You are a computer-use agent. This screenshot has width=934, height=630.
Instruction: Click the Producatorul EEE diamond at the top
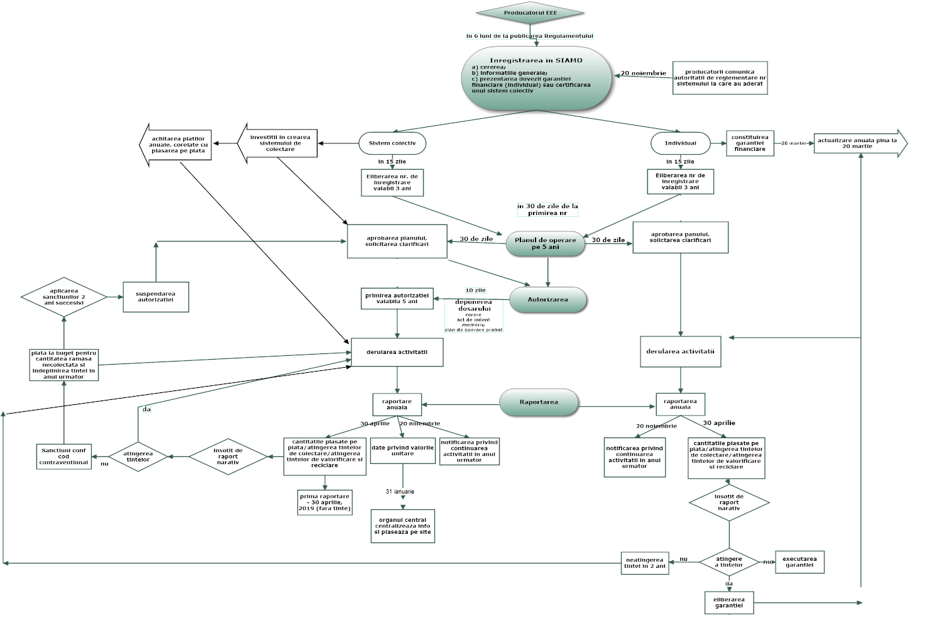(530, 13)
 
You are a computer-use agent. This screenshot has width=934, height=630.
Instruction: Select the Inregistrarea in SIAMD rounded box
(536, 77)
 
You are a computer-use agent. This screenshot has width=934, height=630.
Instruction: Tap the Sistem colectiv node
(392, 143)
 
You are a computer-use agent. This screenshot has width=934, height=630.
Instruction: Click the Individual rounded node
(680, 143)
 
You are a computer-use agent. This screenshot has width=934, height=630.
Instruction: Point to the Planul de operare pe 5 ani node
(545, 243)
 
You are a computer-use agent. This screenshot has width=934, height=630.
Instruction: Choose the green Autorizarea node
(547, 300)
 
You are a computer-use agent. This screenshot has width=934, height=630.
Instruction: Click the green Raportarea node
(539, 402)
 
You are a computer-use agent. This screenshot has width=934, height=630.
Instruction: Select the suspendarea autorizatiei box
(155, 297)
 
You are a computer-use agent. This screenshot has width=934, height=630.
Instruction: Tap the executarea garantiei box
(799, 562)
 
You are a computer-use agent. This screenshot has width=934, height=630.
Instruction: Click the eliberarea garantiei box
(729, 602)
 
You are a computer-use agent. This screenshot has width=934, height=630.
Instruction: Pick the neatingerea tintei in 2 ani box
(644, 563)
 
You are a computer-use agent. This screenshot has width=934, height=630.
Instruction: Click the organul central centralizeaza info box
(403, 526)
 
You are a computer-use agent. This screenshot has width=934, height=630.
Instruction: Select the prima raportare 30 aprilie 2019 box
(324, 502)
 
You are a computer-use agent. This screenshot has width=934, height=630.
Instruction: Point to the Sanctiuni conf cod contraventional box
(64, 456)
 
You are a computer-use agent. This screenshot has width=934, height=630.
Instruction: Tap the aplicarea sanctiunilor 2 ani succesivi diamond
(64, 297)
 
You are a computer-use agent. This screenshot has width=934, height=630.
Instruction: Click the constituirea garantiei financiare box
(750, 143)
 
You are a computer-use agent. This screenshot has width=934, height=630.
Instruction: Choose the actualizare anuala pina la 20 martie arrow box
(859, 143)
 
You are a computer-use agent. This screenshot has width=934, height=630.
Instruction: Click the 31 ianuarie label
(400, 492)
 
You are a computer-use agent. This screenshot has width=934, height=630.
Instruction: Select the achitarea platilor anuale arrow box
(177, 145)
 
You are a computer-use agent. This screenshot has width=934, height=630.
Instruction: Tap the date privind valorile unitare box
(402, 451)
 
